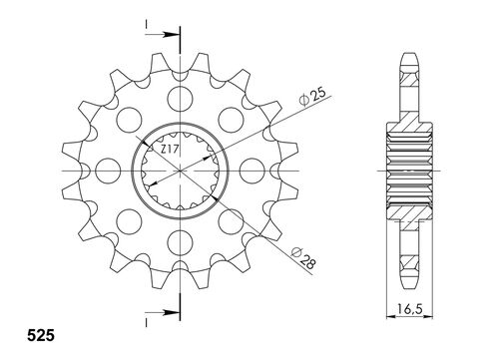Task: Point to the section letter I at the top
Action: (146, 23)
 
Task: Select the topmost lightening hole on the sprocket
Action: (181, 98)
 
